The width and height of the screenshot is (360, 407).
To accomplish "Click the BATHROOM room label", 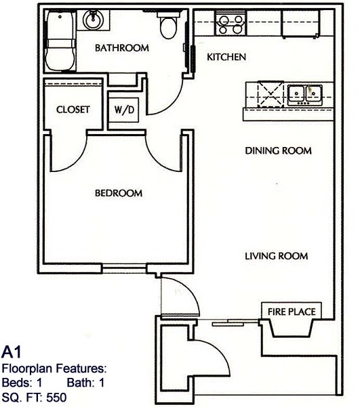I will pos(121,48).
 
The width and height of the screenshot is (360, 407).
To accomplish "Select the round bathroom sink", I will pos(92,20).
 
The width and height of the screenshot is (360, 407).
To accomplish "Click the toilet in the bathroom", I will pos(167,26).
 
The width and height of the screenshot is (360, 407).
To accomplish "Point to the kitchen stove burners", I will pos(230,25).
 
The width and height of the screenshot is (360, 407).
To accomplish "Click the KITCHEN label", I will pos(226,58).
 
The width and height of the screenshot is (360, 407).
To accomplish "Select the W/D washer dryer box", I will pos(124,110).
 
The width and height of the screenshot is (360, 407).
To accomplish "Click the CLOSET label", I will pos(73,110).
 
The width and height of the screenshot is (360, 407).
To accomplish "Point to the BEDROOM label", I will pos(119,193).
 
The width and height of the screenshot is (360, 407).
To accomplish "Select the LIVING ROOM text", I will pos(276,256).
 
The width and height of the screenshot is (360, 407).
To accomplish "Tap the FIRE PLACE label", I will pos(288,312).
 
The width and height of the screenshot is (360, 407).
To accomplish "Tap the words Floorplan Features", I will pos(54,369).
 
